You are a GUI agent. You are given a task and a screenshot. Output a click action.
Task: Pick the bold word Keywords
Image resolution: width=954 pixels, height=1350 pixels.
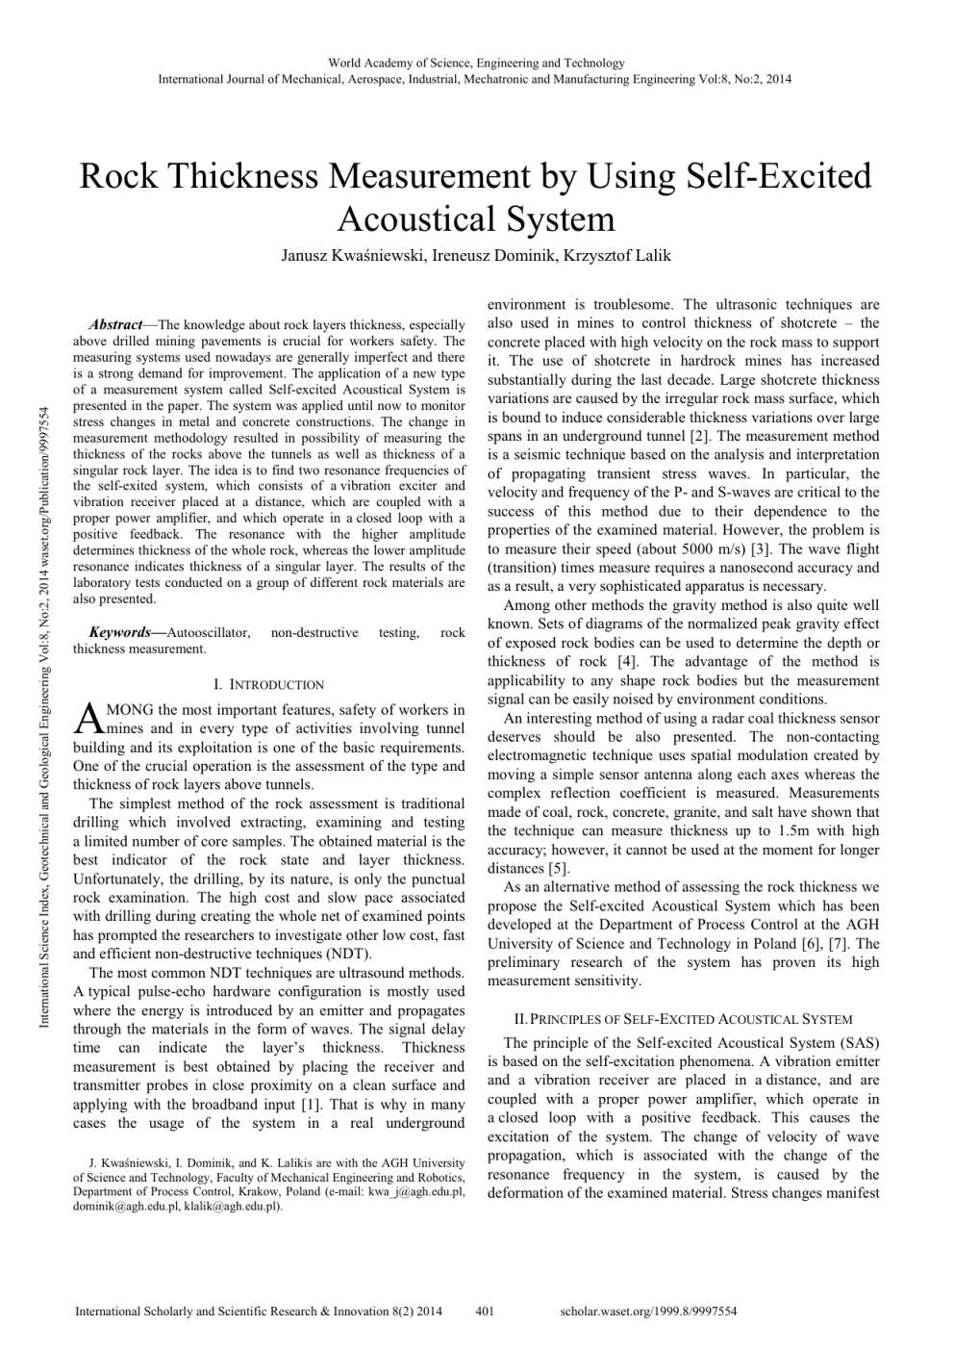119,632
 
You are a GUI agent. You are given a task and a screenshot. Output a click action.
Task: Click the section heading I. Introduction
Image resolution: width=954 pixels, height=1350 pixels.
268,685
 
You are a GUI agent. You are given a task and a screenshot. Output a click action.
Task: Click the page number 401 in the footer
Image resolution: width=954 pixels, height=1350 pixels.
485,1311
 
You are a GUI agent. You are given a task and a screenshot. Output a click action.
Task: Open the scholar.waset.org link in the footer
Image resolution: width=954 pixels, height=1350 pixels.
647,1311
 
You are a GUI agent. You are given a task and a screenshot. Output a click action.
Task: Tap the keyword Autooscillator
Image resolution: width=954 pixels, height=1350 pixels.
208,632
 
